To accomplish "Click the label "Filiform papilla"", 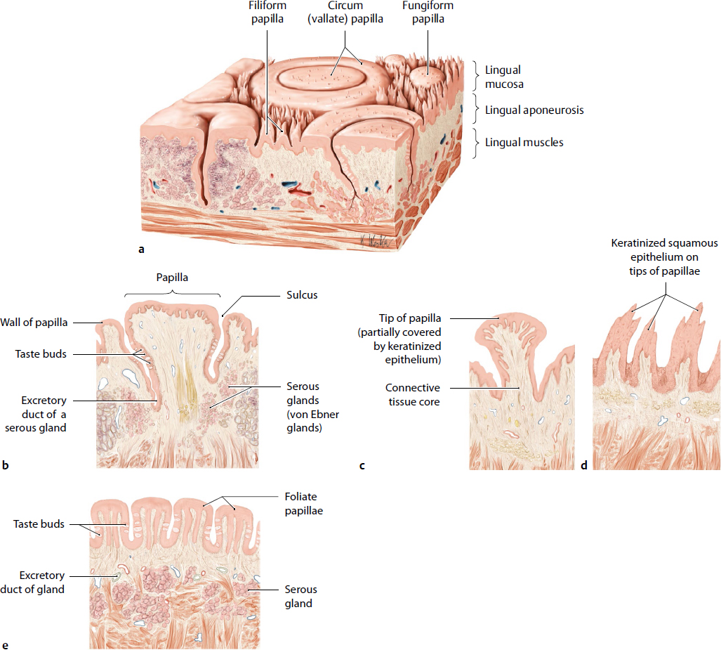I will [x=267, y=13].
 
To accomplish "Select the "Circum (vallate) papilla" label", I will [x=346, y=13].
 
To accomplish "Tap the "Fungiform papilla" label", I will [x=428, y=13].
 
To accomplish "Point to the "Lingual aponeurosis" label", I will [x=534, y=110].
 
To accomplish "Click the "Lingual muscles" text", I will [x=524, y=143].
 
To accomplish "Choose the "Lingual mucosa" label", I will [x=503, y=77].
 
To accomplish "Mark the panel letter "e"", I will [x=6, y=644].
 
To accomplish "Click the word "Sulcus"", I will [x=302, y=295].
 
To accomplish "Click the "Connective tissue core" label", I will [x=413, y=395].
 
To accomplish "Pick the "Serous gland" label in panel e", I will [x=301, y=597].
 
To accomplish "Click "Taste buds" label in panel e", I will [x=39, y=524].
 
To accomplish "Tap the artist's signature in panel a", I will [x=375, y=240].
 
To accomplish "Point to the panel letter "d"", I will [x=583, y=464].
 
